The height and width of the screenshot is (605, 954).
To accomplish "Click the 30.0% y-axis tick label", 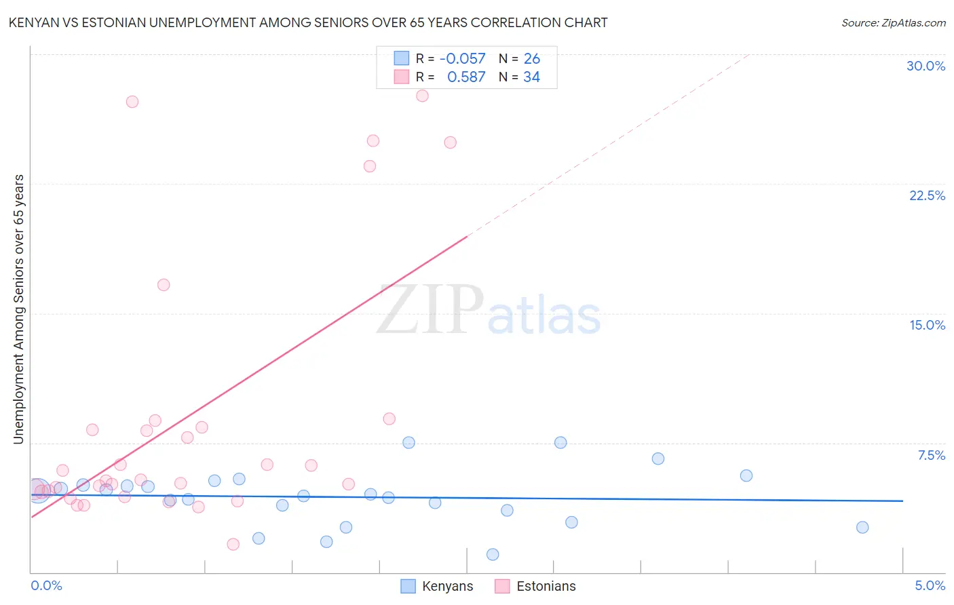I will coord(926,66).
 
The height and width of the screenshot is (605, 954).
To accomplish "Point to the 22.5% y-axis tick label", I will coord(927,195).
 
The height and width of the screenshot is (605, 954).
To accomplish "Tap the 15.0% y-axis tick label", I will coord(927,325).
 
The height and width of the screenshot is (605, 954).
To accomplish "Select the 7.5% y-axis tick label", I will coord(931,455).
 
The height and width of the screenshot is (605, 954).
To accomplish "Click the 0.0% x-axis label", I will coord(46,585).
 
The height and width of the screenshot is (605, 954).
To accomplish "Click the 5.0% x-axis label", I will coord(930,585).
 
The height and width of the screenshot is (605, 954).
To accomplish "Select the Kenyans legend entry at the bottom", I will coord(437,586).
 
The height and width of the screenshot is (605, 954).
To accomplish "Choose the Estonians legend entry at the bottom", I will coord(535,586).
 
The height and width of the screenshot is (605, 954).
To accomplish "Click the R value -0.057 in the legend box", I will coord(463,59).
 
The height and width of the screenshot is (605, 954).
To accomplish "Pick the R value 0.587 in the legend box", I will coord(466,77).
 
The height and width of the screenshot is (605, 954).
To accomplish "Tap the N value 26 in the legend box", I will coord(532,59).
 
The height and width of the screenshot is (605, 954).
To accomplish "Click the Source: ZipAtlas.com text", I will coord(893,22).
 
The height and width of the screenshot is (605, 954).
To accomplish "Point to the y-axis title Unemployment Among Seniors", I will coord(18,309).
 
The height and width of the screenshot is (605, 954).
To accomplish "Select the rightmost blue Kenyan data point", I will coord(862,527).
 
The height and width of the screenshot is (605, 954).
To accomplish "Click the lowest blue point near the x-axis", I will coord(493,554).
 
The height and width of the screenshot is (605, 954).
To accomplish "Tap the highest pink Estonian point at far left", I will coord(132,102).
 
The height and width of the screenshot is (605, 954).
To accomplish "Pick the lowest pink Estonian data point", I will coord(233,544).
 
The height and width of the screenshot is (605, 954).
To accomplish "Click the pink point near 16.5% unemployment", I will coord(164,285).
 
